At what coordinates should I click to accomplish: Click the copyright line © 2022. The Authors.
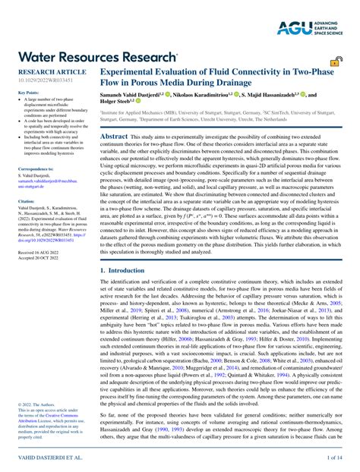(x=36, y=406)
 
